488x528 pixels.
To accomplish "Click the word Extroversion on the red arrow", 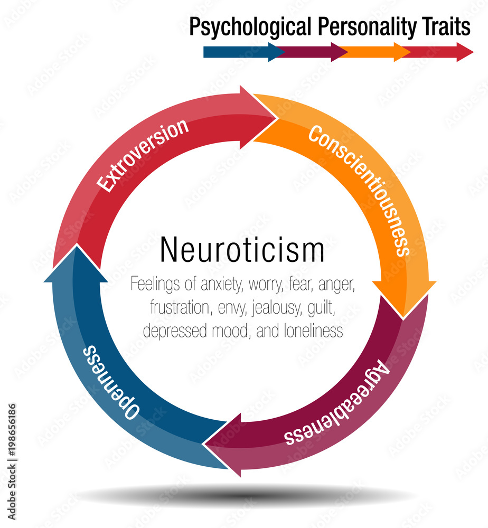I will coord(143,155).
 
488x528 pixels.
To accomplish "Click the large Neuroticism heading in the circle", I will coord(242,250).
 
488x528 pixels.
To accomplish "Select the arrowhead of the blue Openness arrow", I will coord(74,264).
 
